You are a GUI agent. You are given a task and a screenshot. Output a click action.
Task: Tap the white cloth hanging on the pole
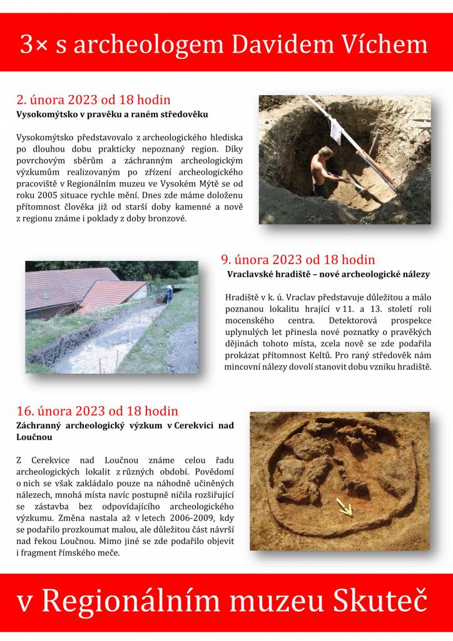pos(335,129)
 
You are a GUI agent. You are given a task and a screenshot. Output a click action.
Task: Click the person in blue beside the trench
pos(169,293)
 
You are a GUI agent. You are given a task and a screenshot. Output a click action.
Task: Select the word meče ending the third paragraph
pos(107,553)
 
